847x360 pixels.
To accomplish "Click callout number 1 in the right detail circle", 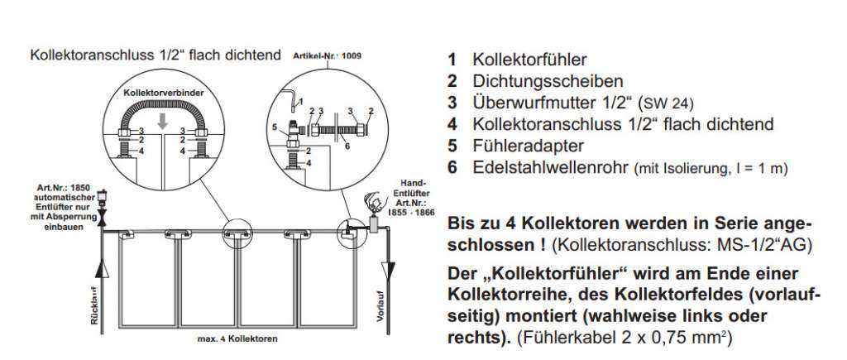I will (x=300, y=100).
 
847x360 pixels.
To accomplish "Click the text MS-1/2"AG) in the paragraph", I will (x=768, y=246).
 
